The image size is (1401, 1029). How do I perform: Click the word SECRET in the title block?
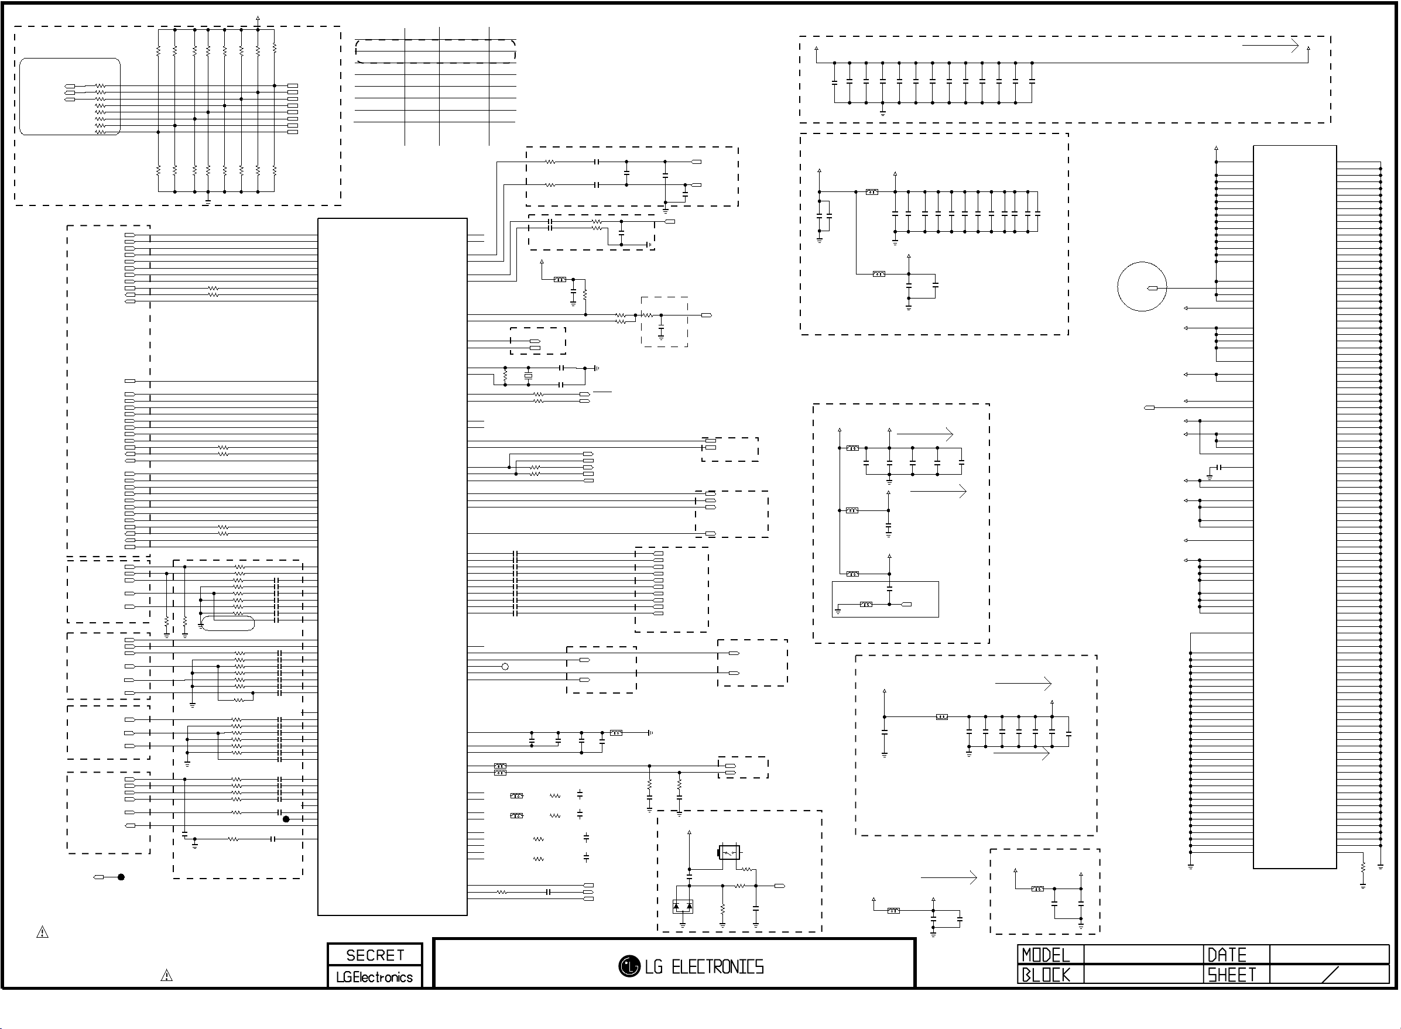pos(375,955)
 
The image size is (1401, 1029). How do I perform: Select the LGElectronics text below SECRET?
pos(374,977)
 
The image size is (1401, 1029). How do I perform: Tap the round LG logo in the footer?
pos(629,966)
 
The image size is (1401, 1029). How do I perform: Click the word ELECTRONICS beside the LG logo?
pos(718,967)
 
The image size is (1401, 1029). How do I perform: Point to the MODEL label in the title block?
pos(1046,955)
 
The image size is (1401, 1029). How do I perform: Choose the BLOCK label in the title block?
pos(1046,975)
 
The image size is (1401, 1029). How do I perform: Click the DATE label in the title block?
pos(1227,955)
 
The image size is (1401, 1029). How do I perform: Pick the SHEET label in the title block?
pos(1232,975)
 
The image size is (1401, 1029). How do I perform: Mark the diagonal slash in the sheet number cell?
pos(1330,975)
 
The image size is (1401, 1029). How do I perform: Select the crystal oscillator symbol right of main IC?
pos(528,376)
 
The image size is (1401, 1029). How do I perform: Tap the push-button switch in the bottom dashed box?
pos(729,852)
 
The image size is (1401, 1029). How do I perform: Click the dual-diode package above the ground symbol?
pos(683,906)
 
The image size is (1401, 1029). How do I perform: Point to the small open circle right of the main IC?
pos(505,667)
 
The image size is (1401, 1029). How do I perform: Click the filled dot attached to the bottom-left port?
pos(121,877)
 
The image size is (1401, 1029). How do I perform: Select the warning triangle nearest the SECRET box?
pos(166,975)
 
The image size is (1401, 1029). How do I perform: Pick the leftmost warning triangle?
pos(42,932)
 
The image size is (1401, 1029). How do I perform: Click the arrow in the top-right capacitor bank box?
pos(1270,46)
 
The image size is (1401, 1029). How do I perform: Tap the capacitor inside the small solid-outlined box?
pos(889,588)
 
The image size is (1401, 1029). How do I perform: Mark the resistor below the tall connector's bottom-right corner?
pos(1363,866)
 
